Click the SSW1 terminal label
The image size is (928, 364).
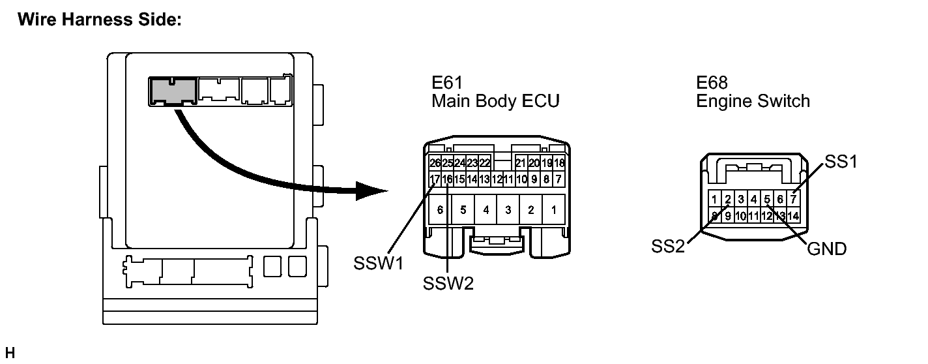(x=378, y=263)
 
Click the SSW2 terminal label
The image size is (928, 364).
(x=448, y=284)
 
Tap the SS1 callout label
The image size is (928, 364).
(x=841, y=162)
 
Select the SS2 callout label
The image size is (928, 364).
(x=668, y=247)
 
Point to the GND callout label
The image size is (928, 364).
(x=826, y=249)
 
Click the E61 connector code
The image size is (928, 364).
(x=447, y=82)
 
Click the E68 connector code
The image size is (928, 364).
(x=712, y=82)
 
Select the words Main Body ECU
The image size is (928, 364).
(x=495, y=101)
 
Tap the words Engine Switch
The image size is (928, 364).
(x=753, y=102)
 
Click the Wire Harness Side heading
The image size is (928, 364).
(x=100, y=20)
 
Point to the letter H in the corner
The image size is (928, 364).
(x=10, y=353)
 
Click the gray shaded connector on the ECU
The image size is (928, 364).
(x=172, y=91)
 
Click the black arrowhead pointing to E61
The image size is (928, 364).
(x=371, y=191)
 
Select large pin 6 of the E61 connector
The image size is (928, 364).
(x=440, y=210)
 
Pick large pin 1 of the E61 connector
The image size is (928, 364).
(x=553, y=210)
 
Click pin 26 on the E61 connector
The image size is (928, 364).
(x=435, y=163)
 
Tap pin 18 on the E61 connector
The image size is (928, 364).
(x=559, y=163)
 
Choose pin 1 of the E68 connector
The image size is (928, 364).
(x=714, y=200)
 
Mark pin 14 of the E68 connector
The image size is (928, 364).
(x=793, y=216)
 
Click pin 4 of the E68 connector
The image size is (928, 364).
(x=754, y=200)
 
